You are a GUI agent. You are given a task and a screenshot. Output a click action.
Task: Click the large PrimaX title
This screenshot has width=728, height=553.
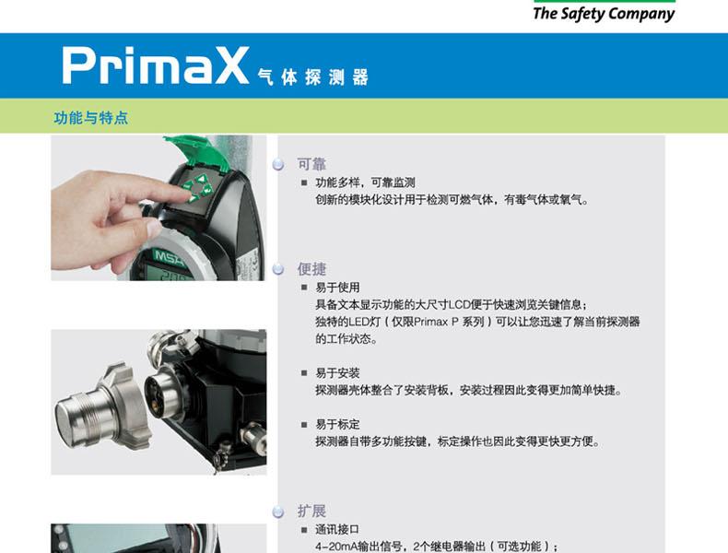click(155, 65)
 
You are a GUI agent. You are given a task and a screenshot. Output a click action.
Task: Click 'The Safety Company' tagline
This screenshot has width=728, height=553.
click(604, 14)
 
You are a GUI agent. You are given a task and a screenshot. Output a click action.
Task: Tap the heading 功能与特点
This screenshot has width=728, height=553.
click(90, 118)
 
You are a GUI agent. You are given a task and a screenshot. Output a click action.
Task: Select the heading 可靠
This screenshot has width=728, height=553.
click(311, 164)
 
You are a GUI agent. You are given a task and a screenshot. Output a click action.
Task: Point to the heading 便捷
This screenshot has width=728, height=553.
click(311, 269)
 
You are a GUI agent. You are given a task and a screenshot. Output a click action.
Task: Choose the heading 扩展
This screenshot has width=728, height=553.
click(311, 511)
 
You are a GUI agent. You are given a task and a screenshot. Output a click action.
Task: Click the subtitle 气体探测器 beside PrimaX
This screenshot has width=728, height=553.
click(313, 77)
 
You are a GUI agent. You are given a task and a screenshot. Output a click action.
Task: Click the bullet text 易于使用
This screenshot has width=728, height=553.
click(337, 288)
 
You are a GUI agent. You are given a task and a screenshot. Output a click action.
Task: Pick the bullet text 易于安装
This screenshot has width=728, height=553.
click(337, 373)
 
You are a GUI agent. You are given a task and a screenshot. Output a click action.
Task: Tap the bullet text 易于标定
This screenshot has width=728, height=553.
click(337, 424)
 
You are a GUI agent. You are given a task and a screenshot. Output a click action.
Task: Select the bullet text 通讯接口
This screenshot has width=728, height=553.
click(337, 529)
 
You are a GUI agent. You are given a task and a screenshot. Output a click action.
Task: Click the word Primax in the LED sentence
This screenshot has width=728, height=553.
click(431, 322)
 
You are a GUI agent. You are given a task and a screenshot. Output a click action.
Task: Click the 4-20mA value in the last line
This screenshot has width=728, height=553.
click(338, 546)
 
